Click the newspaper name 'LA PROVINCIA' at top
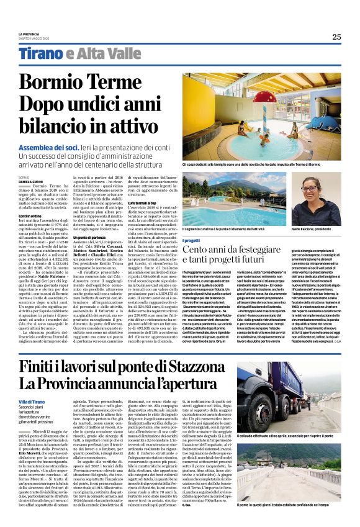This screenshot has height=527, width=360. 29,33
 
